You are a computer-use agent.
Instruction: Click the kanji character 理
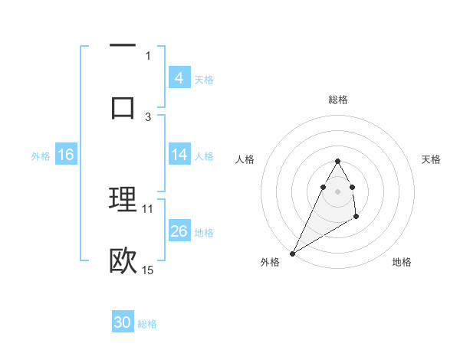point(123,198)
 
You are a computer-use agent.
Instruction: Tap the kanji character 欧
point(123,260)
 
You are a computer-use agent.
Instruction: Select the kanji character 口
point(123,106)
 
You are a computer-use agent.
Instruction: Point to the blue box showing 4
point(179,78)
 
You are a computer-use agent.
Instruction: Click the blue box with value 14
point(179,155)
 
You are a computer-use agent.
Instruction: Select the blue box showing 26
point(179,231)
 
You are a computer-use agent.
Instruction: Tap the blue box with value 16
point(66,155)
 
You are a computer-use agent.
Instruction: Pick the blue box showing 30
point(122,322)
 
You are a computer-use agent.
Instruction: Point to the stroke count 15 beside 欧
point(147,270)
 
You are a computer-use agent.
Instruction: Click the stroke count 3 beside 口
point(148,116)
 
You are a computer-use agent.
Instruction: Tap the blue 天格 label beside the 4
point(204,79)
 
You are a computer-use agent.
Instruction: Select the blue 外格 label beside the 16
point(41,155)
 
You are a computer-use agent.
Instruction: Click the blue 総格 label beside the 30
point(147,323)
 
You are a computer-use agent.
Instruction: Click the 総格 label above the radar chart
point(337,100)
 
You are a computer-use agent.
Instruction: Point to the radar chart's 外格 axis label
point(270,262)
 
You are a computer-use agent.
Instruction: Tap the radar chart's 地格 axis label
point(402,262)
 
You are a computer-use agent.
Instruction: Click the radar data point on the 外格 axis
point(292,254)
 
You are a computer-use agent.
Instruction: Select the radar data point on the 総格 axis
point(337,161)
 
